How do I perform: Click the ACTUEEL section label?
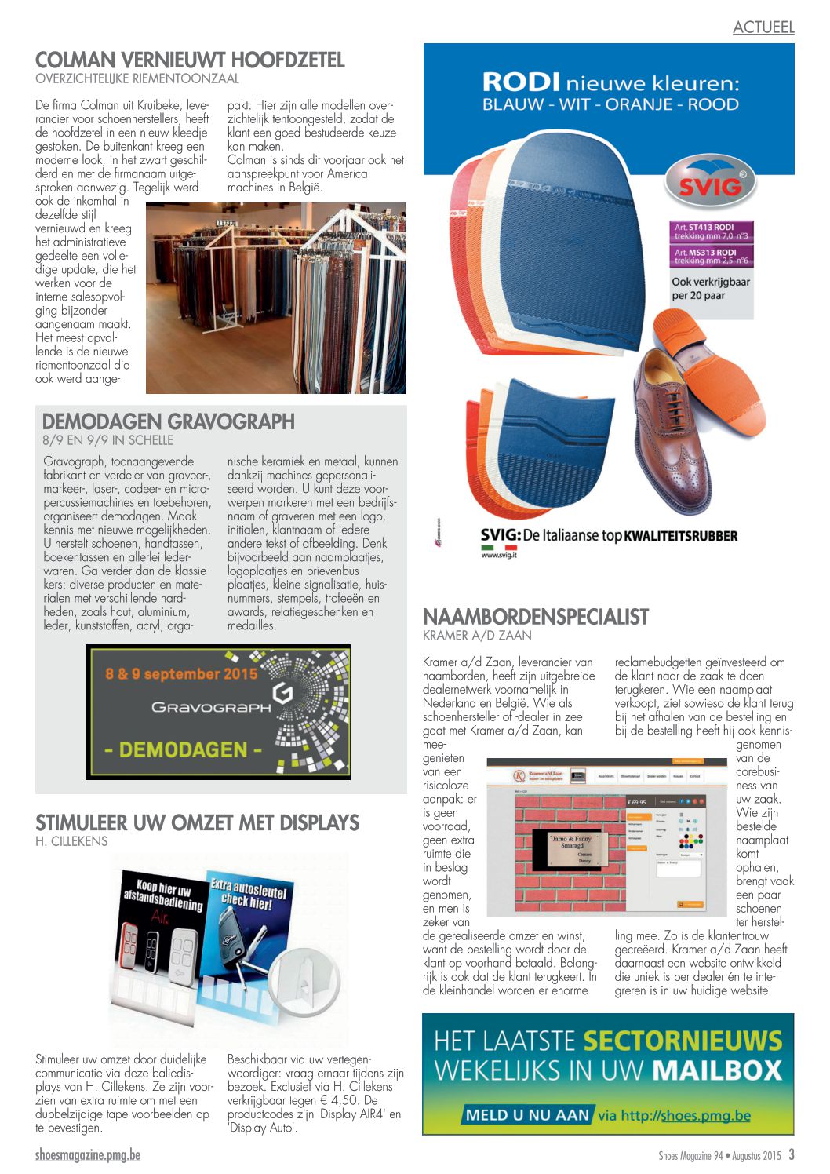point(763,27)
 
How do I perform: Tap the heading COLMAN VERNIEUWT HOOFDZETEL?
point(190,60)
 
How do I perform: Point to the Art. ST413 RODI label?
point(712,232)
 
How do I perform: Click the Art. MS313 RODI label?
point(712,257)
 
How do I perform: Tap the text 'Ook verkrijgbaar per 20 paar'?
point(710,289)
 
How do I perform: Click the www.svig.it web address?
point(499,555)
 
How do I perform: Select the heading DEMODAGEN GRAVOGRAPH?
point(169,421)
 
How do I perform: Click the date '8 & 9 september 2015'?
point(181,674)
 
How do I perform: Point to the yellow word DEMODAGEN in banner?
point(183,749)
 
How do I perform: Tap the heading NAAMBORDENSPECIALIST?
point(536,617)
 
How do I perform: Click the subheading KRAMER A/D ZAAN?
point(477,636)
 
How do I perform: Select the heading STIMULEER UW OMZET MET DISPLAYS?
point(197,823)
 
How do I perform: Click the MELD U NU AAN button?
point(526,1115)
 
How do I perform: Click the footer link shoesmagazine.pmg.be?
point(88,1155)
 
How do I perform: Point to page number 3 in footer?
point(792,1155)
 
